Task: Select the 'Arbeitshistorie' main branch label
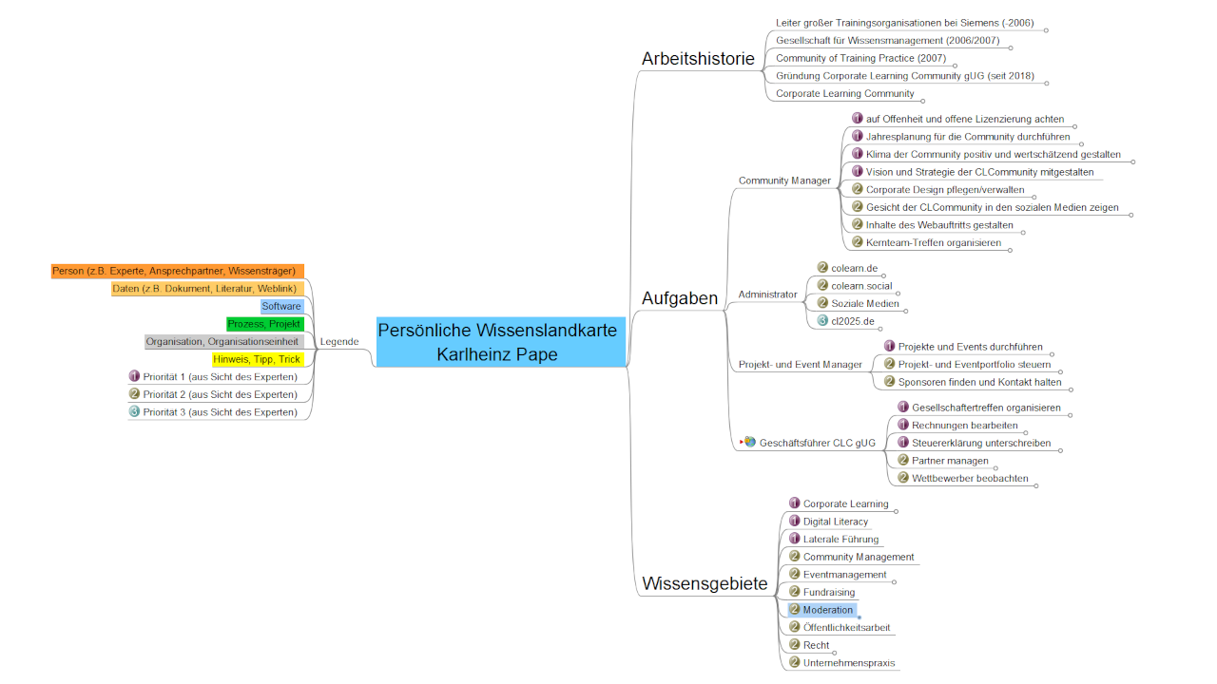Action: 698,59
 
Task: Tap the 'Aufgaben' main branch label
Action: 680,298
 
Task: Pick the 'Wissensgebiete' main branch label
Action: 705,583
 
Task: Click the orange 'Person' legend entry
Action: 178,271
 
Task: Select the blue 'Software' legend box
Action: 281,306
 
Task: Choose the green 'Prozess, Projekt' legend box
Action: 264,324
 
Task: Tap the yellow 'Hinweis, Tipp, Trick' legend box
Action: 257,359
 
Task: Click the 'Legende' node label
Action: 339,342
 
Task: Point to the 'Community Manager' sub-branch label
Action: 784,180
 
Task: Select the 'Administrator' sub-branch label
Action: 767,294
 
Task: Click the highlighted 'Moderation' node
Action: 827,610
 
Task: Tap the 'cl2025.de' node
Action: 853,322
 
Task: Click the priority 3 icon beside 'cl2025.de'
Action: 823,322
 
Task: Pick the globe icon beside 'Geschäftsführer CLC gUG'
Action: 750,442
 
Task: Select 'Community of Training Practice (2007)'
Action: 860,59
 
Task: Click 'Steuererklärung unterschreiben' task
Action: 981,443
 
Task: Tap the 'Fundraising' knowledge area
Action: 828,593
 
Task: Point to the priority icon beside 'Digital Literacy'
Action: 795,522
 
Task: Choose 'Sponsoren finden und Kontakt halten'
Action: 979,383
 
